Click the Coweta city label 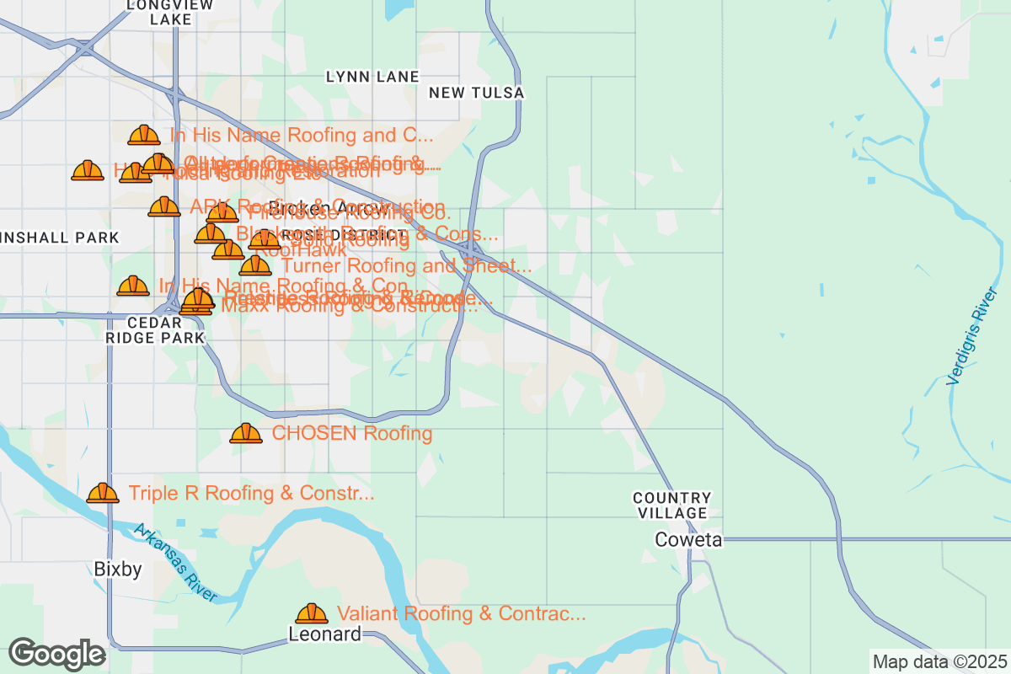689,540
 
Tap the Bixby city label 118,570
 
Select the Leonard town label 324,634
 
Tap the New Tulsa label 476,93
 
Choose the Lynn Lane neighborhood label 372,77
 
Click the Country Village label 671,505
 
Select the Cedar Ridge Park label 154,330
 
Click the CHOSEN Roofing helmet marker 246,434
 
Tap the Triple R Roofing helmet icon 103,493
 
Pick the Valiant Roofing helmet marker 312,613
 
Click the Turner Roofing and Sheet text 406,266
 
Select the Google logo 56,654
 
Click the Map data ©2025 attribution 938,661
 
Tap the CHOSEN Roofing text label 351,434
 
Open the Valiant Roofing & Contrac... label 461,613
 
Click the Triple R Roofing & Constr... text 251,493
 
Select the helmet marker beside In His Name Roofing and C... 144,135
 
